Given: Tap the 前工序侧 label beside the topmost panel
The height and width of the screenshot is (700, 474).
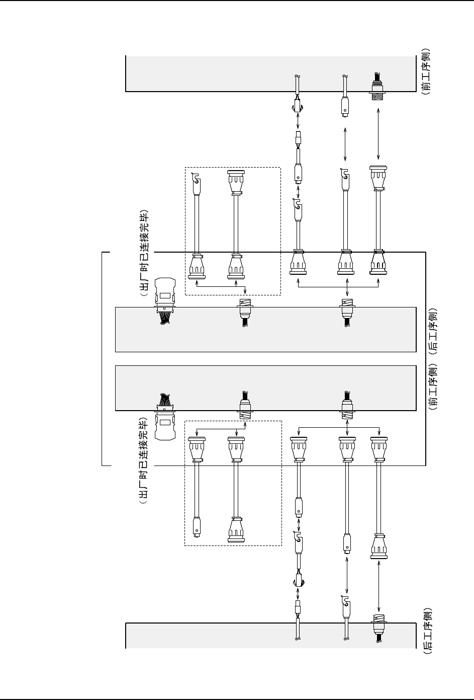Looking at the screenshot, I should (x=427, y=71).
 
